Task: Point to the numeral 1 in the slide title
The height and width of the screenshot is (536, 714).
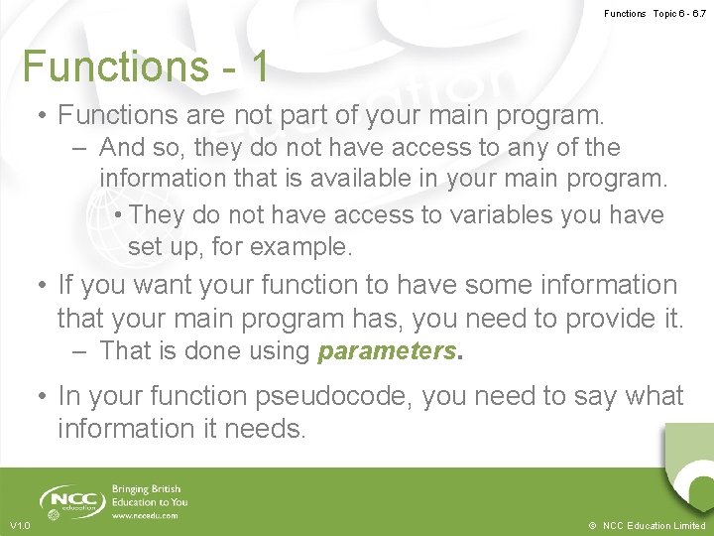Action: click(x=259, y=67)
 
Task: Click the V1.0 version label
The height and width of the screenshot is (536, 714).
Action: click(x=20, y=525)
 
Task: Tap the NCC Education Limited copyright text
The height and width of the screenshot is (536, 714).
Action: click(x=649, y=525)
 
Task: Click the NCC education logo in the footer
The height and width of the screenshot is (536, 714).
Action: click(x=71, y=500)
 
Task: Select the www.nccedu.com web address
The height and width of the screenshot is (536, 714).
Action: click(x=145, y=516)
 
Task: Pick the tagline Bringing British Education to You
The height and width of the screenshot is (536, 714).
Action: click(x=149, y=495)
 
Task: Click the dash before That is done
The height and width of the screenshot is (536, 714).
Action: click(x=81, y=350)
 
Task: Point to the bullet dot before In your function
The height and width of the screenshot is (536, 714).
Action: click(x=42, y=397)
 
